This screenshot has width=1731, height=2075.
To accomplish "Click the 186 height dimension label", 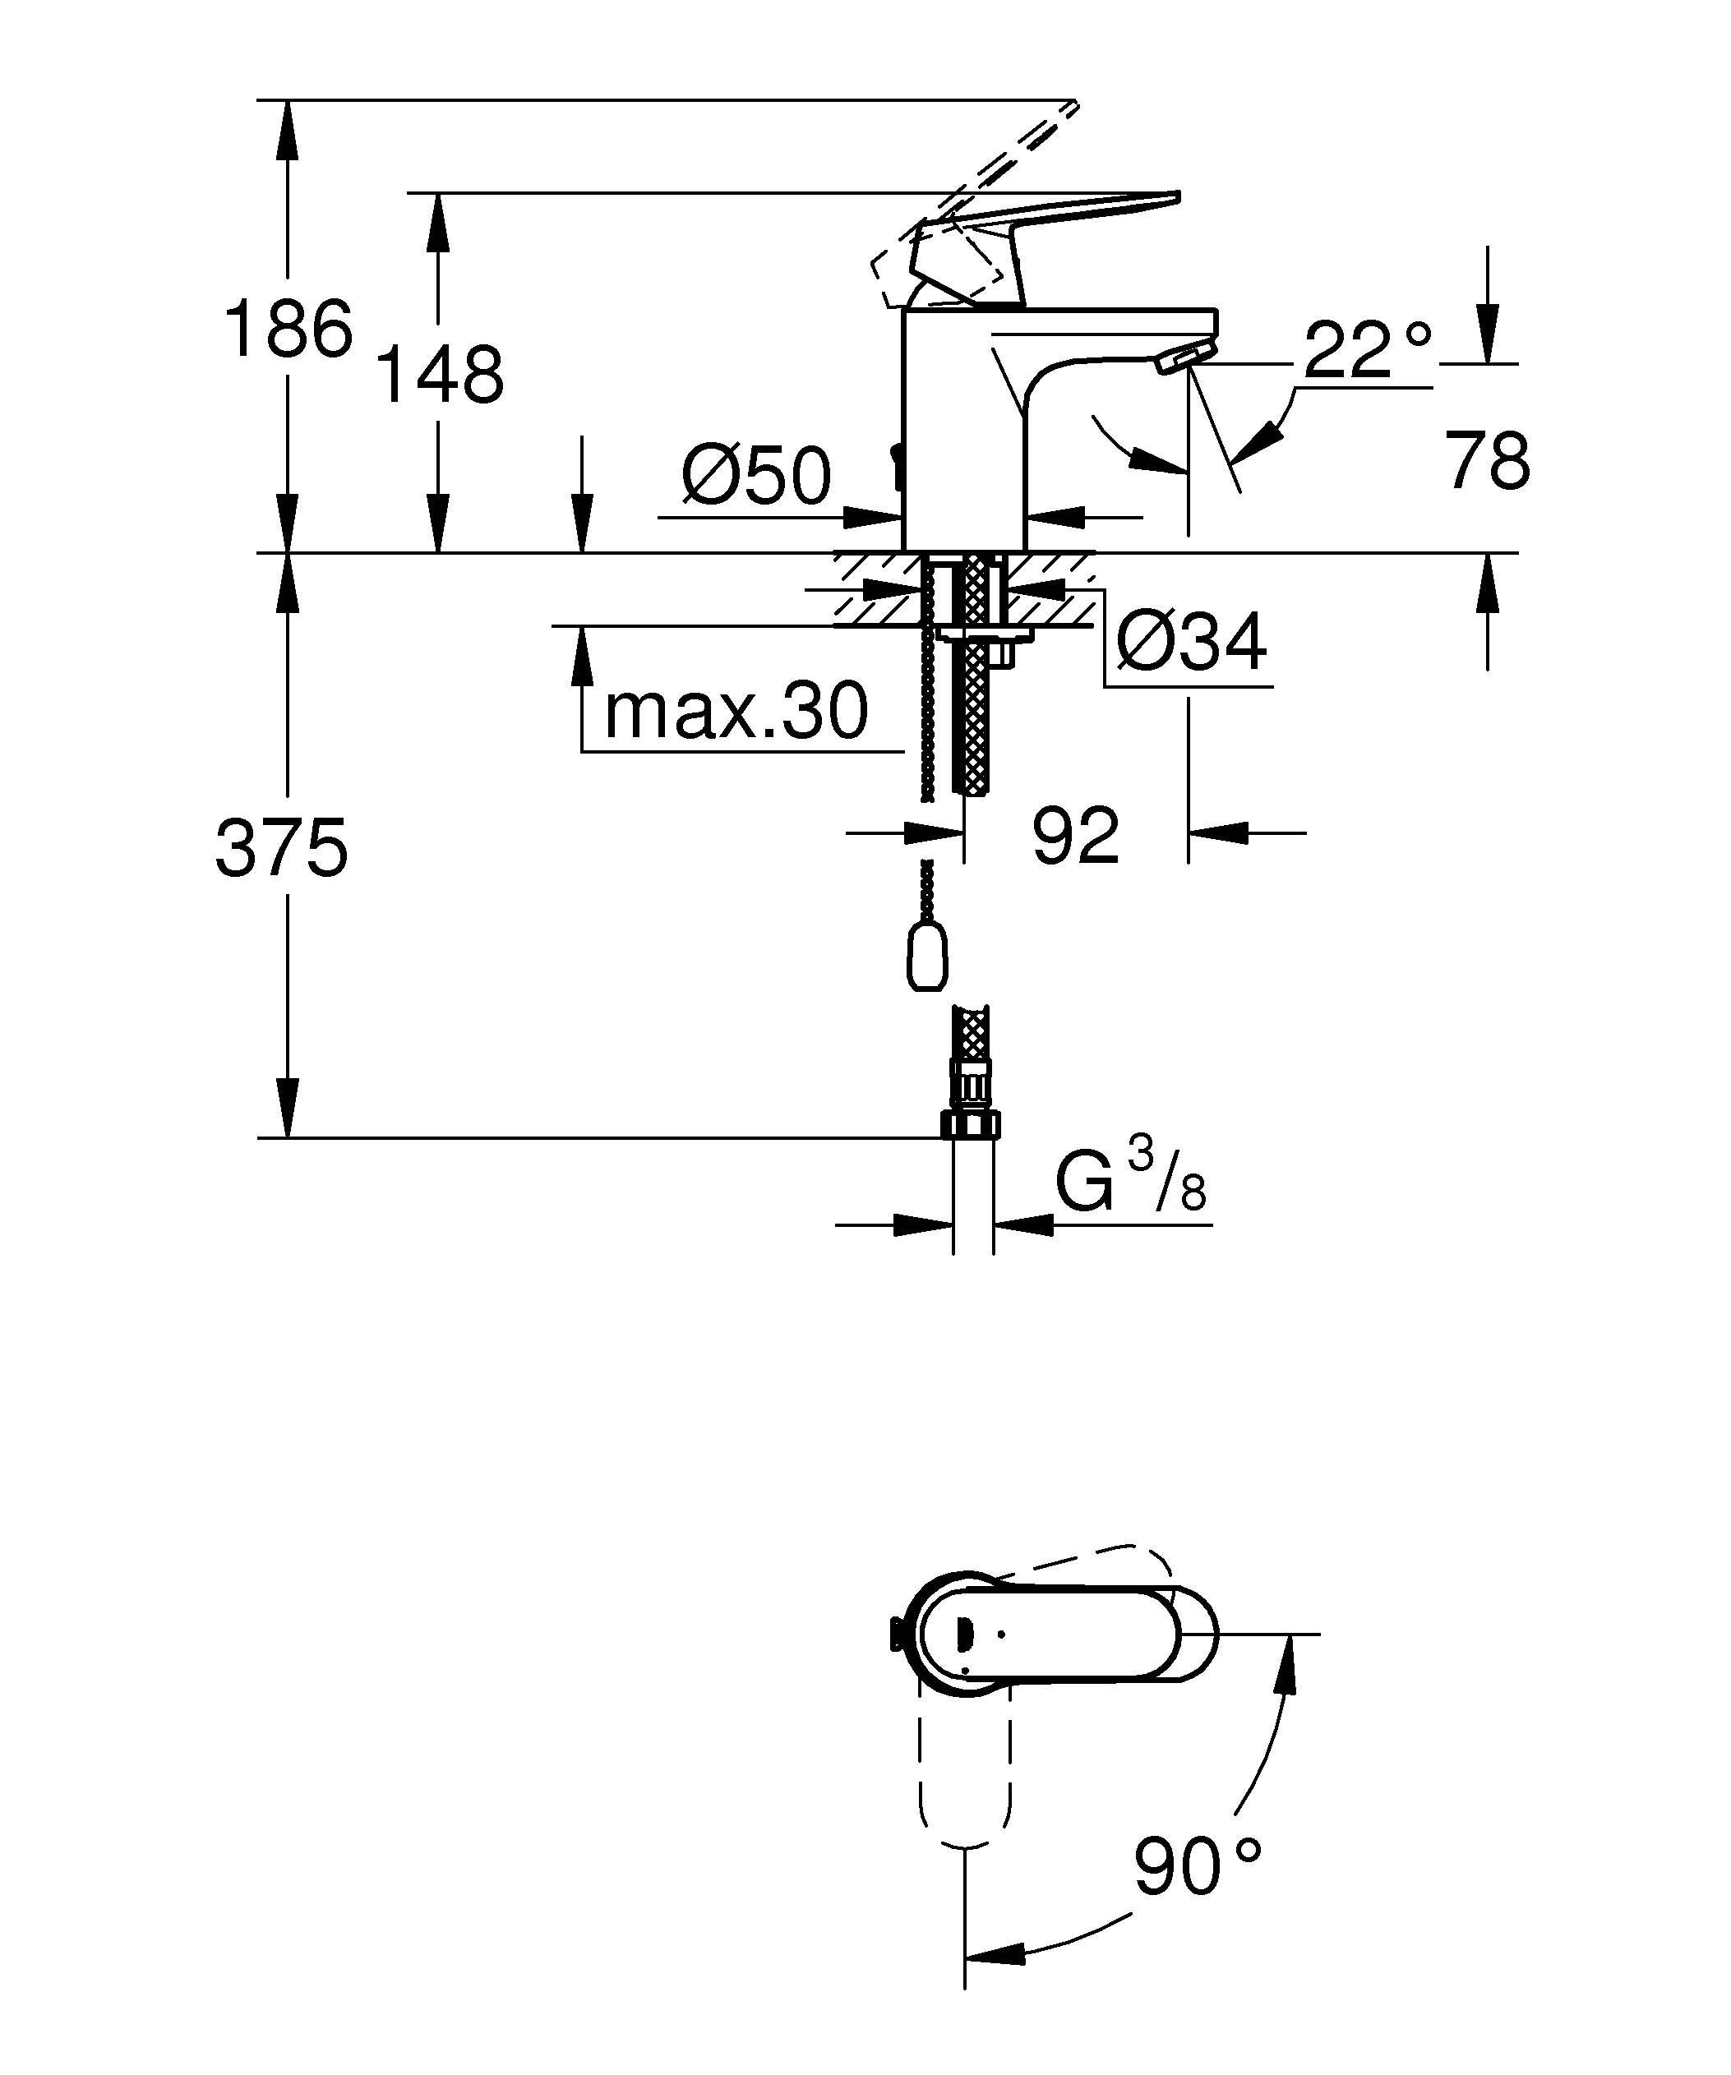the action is [x=288, y=328].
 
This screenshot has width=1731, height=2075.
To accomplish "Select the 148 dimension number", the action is [x=441, y=375].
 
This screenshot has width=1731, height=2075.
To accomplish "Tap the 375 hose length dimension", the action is [x=283, y=848].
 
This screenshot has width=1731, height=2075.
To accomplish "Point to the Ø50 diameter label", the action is [x=757, y=475].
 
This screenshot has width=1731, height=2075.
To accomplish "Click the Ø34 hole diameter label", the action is [x=1192, y=643].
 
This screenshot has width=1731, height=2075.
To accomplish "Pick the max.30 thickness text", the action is [x=736, y=711].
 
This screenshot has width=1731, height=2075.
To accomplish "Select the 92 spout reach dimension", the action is [x=1076, y=836].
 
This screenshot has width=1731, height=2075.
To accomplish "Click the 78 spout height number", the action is [x=1489, y=460].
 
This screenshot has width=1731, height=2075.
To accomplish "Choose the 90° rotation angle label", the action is [x=1198, y=1865].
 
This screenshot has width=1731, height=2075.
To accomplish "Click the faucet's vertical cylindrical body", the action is [x=964, y=430].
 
